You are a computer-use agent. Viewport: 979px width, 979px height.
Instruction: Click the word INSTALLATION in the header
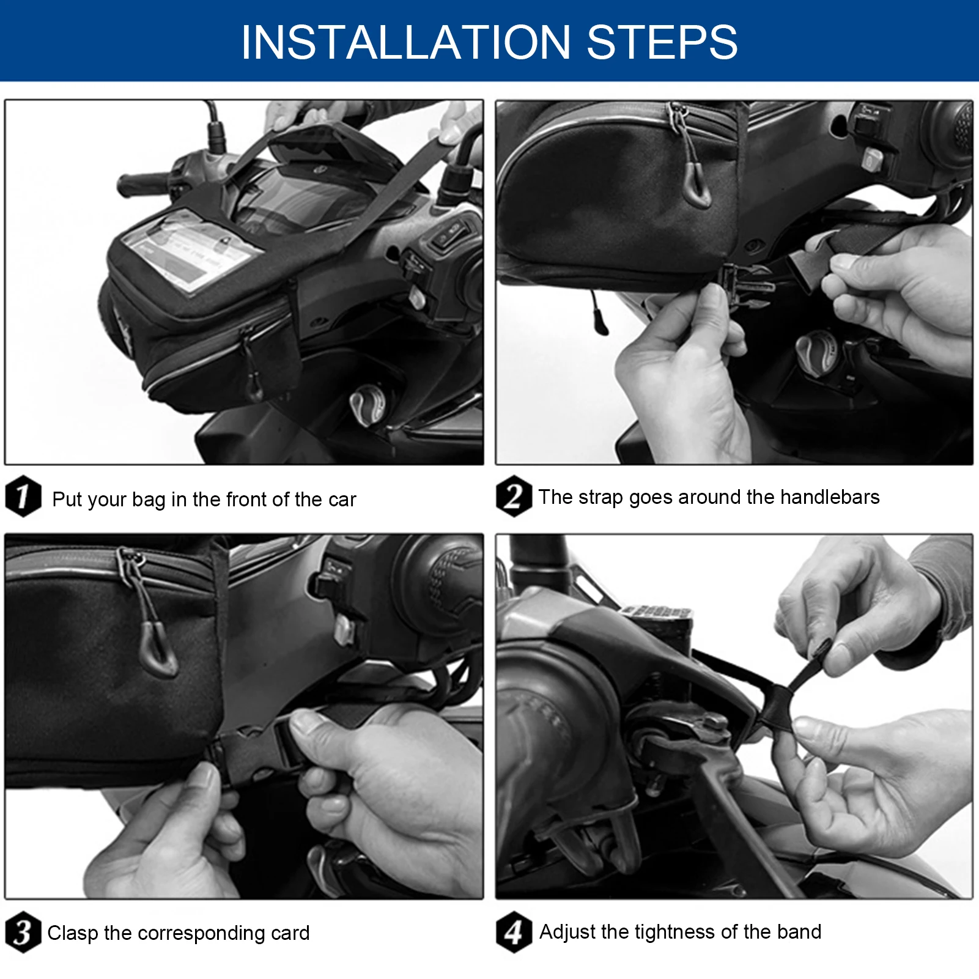(x=406, y=42)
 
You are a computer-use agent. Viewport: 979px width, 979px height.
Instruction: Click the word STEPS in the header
(x=662, y=42)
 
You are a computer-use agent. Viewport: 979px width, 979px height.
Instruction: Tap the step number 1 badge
(x=23, y=496)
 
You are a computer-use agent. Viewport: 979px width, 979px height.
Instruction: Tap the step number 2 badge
(x=514, y=496)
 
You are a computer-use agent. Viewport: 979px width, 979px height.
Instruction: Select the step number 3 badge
(x=23, y=932)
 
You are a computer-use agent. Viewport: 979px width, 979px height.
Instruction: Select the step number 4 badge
(x=514, y=932)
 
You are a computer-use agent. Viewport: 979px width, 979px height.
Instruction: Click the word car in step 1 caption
(x=342, y=500)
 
